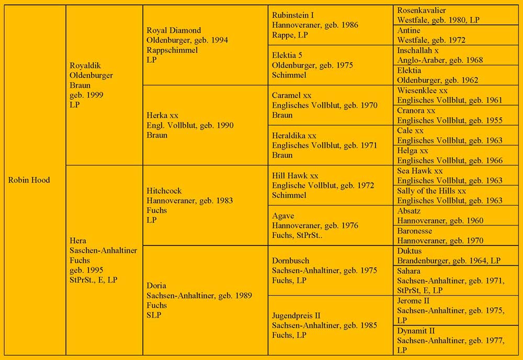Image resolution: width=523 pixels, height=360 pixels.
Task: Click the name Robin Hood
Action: (29, 180)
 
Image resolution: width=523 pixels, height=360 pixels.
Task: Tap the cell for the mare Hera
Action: (104, 260)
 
